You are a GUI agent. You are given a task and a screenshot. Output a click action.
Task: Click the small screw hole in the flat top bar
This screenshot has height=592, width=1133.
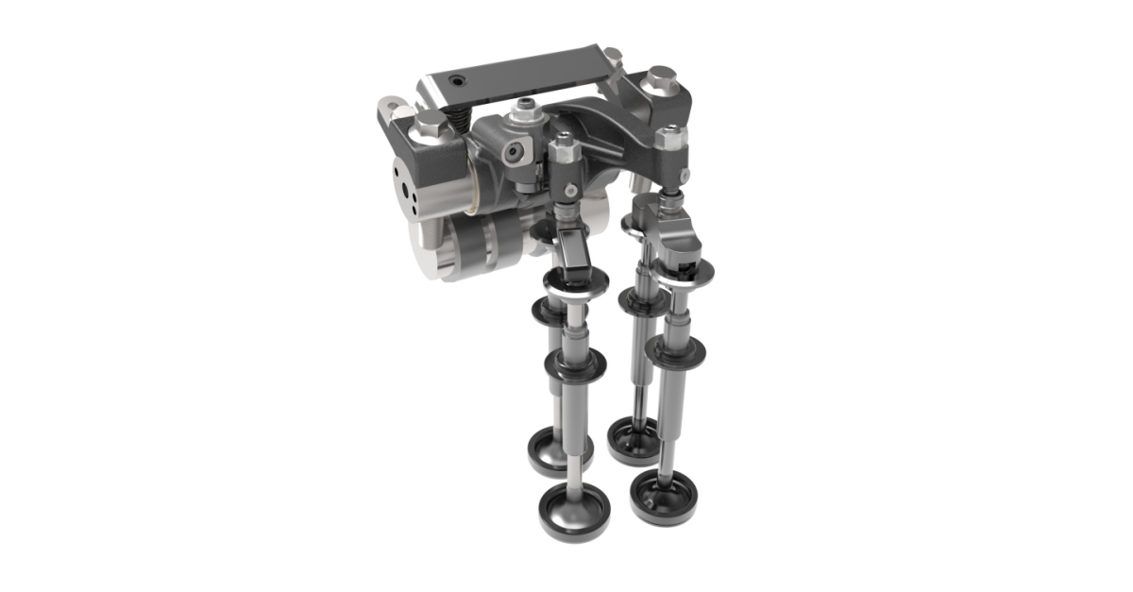[457, 81]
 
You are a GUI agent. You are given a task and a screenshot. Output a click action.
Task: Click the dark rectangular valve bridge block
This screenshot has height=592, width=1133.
[571, 252]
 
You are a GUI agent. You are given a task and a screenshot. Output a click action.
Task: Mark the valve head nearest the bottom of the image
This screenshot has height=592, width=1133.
[574, 509]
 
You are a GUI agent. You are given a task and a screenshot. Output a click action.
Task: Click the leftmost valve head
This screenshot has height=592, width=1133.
[559, 449]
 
